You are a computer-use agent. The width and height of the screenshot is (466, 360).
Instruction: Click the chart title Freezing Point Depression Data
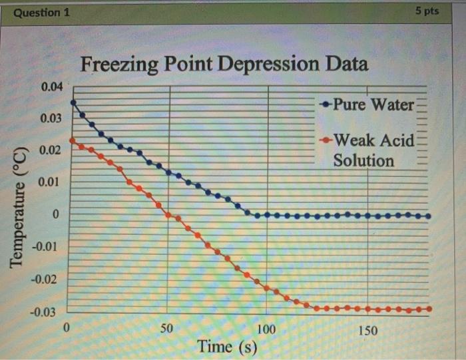(224, 65)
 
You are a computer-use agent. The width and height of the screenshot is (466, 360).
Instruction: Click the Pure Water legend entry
(367, 104)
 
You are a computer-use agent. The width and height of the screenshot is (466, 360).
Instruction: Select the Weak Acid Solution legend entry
(367, 150)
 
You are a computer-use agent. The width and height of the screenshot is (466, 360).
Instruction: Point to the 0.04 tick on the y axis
(51, 87)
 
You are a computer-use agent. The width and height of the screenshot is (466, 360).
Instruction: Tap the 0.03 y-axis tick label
(51, 118)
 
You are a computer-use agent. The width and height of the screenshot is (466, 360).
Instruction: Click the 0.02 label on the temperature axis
(51, 150)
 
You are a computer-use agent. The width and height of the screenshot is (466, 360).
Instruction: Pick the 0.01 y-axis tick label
(51, 182)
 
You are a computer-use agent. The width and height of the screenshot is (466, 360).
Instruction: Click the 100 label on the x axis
(266, 329)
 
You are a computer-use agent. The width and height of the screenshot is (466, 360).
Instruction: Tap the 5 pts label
(427, 11)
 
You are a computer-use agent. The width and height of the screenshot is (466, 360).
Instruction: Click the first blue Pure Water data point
(73, 102)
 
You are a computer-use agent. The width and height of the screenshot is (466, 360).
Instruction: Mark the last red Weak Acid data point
(429, 309)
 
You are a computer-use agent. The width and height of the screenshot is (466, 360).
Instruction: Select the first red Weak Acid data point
(73, 140)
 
